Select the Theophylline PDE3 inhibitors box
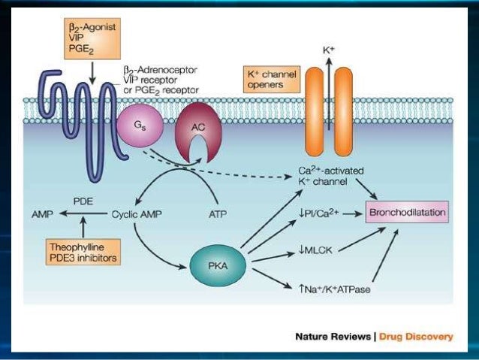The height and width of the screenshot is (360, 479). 82,250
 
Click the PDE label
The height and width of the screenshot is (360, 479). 83,201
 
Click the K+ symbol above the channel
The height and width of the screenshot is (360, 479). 329,50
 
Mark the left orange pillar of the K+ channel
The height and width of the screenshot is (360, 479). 314,112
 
